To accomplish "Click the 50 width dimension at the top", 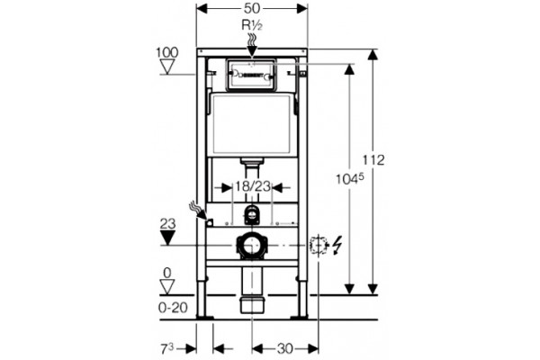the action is coord(252,9).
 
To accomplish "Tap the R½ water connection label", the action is coord(252,25).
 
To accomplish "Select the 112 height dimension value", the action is coord(373,160).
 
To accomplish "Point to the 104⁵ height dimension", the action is coord(350,179).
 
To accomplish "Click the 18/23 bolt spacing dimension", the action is coord(252,186).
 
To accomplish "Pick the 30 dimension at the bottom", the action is coord(284,348).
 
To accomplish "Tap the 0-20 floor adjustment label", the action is coord(173,308).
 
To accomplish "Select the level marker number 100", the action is coord(167,53).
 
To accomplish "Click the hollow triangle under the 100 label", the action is coord(167,67).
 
